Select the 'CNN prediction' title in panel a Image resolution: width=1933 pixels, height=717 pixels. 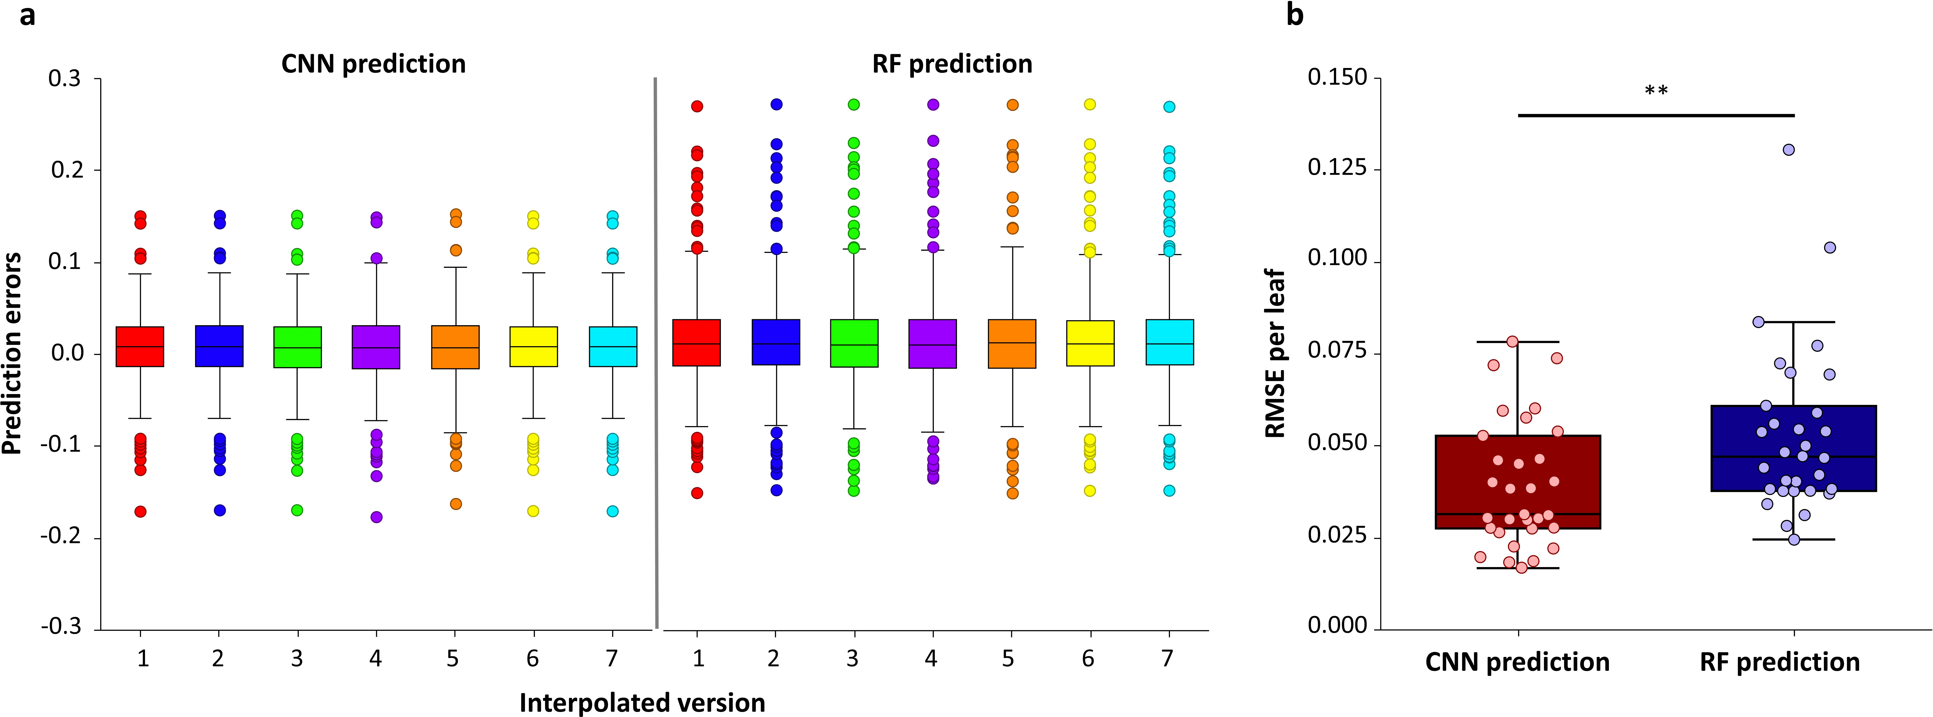point(374,64)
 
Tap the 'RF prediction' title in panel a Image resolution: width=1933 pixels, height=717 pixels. point(952,64)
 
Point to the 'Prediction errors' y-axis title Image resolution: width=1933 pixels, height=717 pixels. point(12,353)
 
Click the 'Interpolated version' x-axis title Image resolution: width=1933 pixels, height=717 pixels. point(642,703)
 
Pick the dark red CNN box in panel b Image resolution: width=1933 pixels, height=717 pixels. point(1518,482)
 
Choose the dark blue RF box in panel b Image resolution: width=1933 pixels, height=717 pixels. point(1793,448)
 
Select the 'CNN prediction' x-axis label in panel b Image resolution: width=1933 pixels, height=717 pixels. point(1517,662)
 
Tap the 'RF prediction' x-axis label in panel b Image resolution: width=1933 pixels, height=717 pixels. point(1780,662)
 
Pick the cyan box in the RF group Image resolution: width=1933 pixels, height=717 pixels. point(1170,342)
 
